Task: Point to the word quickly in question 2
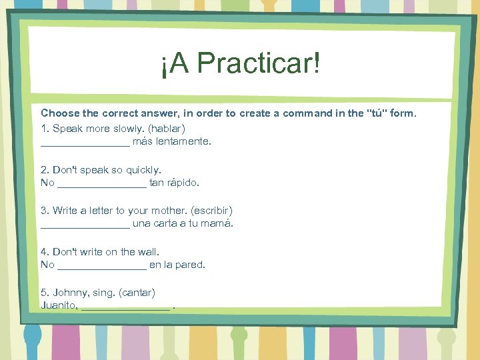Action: tap(141, 170)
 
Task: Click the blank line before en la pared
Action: tap(102, 265)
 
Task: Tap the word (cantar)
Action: tap(137, 293)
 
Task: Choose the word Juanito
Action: tap(59, 307)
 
